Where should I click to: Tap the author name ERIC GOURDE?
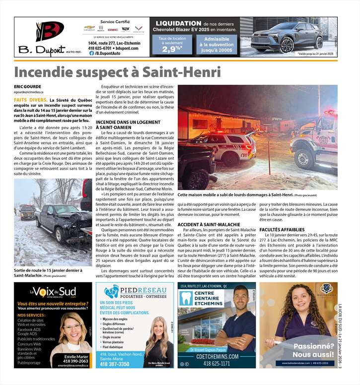tap(29, 87)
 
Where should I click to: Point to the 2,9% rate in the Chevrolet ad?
tap(172, 49)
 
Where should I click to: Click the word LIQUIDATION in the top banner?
tap(178, 23)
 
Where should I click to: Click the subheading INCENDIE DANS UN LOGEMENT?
tap(128, 122)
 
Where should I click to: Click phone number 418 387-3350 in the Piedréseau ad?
tap(115, 364)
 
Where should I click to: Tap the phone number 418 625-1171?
tap(216, 363)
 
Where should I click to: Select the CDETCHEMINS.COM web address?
tap(216, 356)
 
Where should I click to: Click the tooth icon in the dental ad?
tap(185, 298)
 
